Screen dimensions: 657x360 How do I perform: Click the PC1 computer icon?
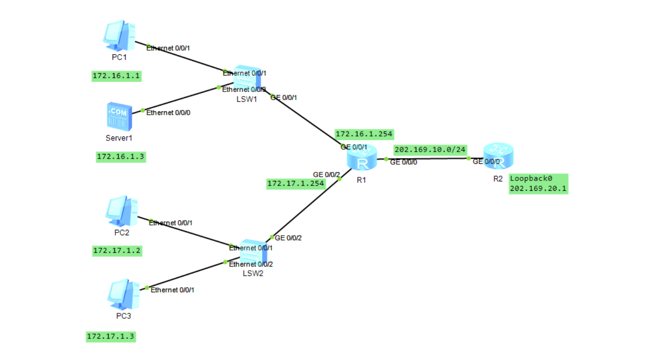[x=119, y=36]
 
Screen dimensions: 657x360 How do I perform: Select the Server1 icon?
[x=119, y=116]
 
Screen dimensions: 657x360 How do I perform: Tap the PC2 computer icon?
[x=122, y=211]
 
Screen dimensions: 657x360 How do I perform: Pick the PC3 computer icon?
[x=123, y=294]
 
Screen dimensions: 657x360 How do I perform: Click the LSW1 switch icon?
[x=247, y=79]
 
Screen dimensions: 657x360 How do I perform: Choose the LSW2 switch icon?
[x=253, y=253]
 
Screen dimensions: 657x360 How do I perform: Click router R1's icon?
[x=362, y=158]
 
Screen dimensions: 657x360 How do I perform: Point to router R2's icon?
[x=498, y=156]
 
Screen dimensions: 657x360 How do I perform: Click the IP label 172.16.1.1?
[x=116, y=76]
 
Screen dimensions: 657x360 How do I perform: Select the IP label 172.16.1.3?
[x=121, y=157]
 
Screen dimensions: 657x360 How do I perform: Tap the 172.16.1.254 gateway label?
[x=364, y=134]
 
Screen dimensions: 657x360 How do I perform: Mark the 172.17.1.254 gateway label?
[x=296, y=184]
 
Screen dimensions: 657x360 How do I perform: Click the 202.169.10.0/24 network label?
[x=430, y=150]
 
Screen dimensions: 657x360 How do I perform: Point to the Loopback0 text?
[x=531, y=179]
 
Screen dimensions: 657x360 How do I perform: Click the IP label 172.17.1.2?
[x=117, y=251]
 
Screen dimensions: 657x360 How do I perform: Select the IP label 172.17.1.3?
[x=111, y=337]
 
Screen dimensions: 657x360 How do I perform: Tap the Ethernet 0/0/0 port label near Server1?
[x=168, y=113]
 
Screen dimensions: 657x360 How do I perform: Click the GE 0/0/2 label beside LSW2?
[x=288, y=238]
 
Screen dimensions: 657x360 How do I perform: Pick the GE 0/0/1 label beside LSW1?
[x=284, y=98]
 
